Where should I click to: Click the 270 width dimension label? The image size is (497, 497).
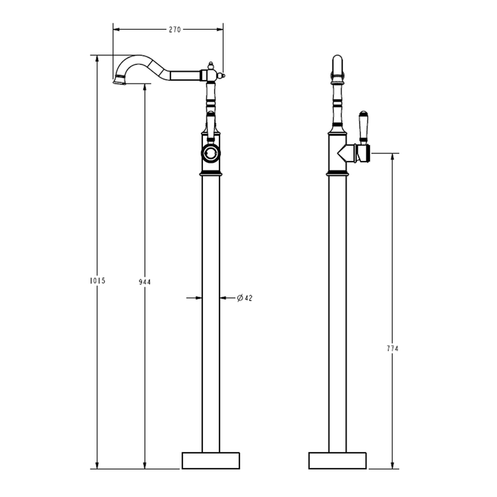tap(175, 30)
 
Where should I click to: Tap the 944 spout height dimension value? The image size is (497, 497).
tap(145, 282)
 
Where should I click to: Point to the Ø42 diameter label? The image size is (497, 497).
tap(244, 298)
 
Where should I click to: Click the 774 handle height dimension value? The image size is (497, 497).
tap(393, 349)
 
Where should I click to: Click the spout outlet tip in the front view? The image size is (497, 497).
tap(119, 81)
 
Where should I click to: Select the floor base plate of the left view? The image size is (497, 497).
tap(211, 460)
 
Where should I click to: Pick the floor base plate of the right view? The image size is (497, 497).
tap(336, 460)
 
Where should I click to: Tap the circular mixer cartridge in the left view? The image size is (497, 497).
tap(211, 153)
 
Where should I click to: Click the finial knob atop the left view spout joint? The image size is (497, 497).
tap(211, 67)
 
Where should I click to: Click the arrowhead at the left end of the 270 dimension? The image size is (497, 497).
tap(116, 30)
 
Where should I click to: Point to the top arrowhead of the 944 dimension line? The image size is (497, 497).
tap(145, 88)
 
